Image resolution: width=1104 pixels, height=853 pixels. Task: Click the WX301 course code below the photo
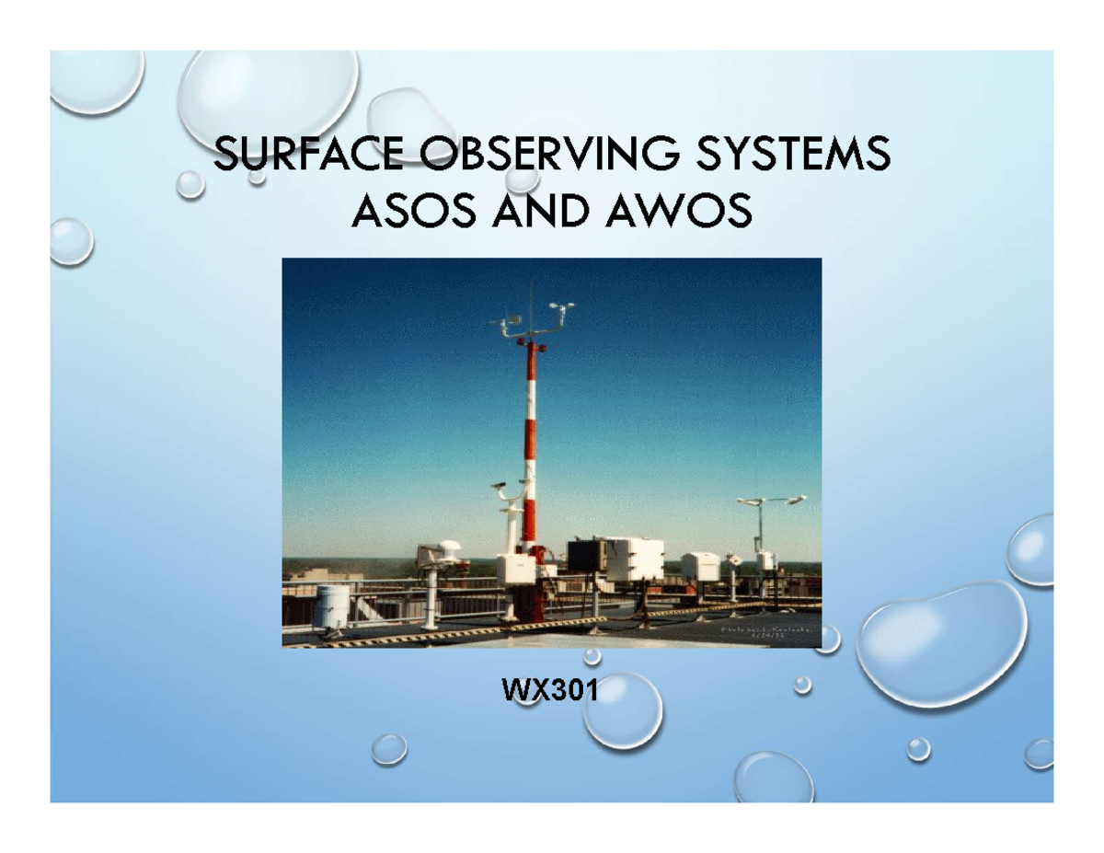pyautogui.click(x=549, y=689)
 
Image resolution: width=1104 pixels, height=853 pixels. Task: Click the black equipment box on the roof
pyautogui.click(x=587, y=556)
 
